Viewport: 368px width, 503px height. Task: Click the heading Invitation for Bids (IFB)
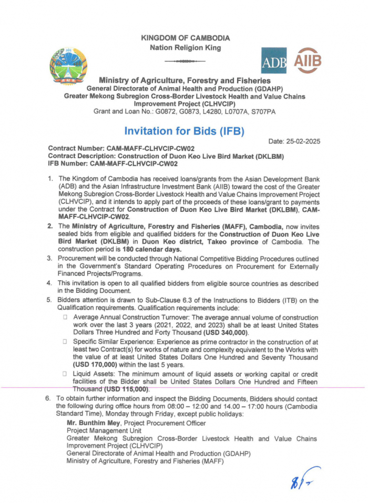click(x=184, y=131)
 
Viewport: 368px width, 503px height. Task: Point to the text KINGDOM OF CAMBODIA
click(x=185, y=38)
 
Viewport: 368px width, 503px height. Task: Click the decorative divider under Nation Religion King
click(x=185, y=61)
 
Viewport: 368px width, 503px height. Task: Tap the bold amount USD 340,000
click(x=237, y=333)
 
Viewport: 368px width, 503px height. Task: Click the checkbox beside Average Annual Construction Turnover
click(x=66, y=318)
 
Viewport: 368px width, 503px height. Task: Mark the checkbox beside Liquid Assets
click(x=66, y=373)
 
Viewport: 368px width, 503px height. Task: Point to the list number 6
click(x=48, y=399)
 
